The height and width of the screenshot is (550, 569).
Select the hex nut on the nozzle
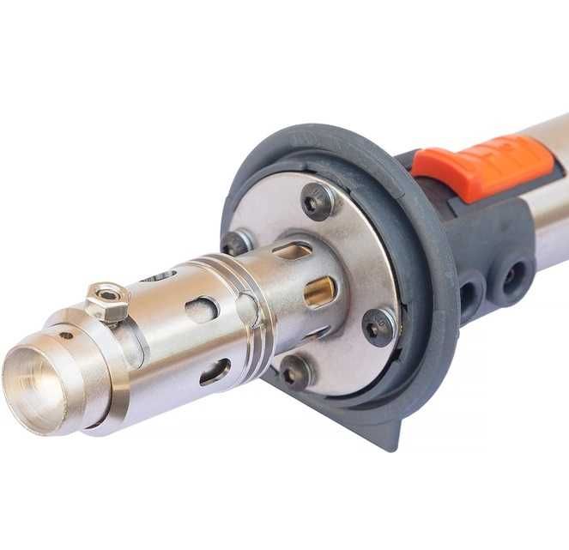click(x=107, y=301)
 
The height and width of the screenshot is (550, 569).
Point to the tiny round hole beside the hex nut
click(x=65, y=335)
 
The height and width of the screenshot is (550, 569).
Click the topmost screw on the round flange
click(x=318, y=201)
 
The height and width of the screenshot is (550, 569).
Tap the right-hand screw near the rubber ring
click(x=378, y=325)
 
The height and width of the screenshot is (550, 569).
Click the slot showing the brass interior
click(x=319, y=292)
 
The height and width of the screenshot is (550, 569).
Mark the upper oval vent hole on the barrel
click(x=203, y=310)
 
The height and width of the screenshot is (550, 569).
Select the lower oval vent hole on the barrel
click(x=214, y=371)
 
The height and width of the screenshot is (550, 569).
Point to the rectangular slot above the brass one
click(x=292, y=251)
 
